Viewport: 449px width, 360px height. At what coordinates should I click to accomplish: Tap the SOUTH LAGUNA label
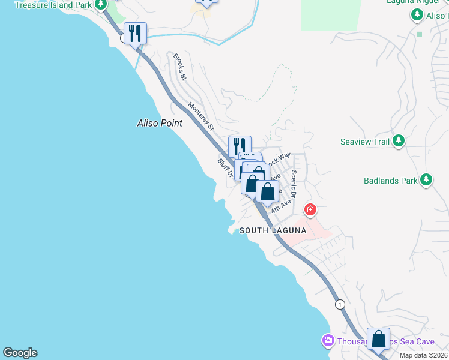pyautogui.click(x=273, y=230)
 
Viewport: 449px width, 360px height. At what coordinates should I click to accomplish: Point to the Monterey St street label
pyautogui.click(x=201, y=116)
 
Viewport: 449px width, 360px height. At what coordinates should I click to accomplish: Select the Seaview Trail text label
pyautogui.click(x=366, y=142)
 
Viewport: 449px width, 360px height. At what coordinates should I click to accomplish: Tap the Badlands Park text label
pyautogui.click(x=390, y=180)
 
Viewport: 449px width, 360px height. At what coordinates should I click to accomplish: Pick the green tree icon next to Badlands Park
pyautogui.click(x=426, y=179)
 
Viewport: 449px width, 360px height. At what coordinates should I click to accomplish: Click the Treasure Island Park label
pyautogui.click(x=53, y=5)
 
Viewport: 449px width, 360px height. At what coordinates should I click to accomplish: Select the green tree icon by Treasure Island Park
pyautogui.click(x=101, y=4)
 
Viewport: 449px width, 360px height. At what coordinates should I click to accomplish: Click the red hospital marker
pyautogui.click(x=310, y=209)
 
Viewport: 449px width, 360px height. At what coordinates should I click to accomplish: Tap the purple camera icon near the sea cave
pyautogui.click(x=328, y=341)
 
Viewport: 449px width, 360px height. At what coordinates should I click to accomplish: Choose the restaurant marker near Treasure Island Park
pyautogui.click(x=135, y=34)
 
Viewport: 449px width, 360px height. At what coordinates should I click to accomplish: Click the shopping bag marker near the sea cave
pyautogui.click(x=378, y=340)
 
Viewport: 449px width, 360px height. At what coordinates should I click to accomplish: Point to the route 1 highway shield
pyautogui.click(x=341, y=304)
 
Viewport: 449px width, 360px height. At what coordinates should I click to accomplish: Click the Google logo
pyautogui.click(x=20, y=353)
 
